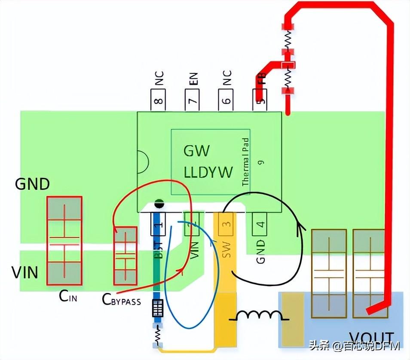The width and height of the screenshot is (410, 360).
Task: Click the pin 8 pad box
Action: pos(158,101)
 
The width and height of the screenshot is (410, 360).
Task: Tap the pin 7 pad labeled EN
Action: pos(192,101)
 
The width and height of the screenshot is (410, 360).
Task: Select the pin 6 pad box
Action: pos(226,101)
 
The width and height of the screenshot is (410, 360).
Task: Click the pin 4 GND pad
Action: pos(260,223)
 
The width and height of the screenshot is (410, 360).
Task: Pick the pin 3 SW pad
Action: pos(226,223)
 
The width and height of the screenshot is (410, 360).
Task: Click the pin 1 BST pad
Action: pos(158,223)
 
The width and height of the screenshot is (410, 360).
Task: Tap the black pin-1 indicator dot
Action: pos(159,203)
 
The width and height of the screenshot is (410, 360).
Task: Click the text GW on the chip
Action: pos(197,151)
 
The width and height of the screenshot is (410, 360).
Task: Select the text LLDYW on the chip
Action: pos(208,172)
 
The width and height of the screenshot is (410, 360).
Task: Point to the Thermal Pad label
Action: pos(245,162)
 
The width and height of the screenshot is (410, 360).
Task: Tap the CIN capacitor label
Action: pos(68,296)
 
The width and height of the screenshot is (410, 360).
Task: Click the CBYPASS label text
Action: pos(122,300)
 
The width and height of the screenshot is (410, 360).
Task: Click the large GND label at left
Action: pos(32,184)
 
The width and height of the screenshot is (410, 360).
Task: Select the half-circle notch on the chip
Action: pos(142,162)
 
